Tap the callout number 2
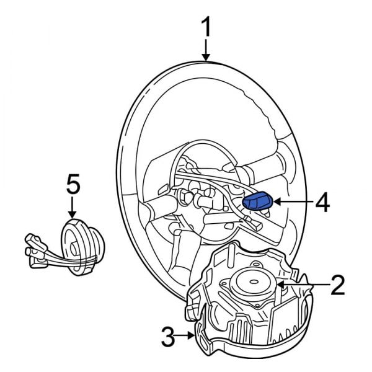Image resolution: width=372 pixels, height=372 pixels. tap(337, 285)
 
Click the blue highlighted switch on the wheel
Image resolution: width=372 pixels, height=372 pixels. tap(256, 201)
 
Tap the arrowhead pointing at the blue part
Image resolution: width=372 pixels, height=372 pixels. tap(276, 201)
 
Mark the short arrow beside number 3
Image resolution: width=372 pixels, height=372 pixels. tap(188, 337)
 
